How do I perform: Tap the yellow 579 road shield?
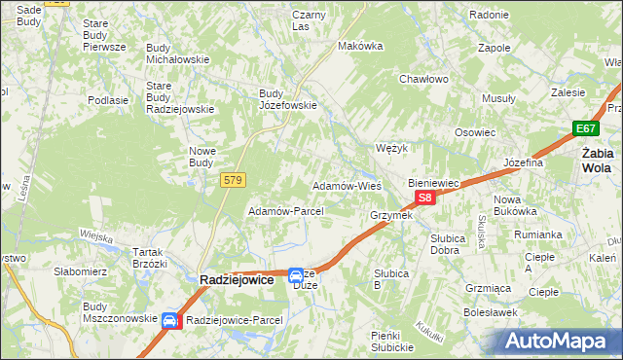pos(234,180)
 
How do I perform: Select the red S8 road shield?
pos(424,198)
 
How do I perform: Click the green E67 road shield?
pos(585,128)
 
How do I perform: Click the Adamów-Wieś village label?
pos(346,185)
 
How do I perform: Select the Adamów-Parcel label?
pos(286,211)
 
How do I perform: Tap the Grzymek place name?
pos(391,215)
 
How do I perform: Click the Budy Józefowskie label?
pos(288,100)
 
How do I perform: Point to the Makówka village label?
pos(356,46)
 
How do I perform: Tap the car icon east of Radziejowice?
pos(295,276)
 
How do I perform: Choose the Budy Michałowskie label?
pos(178,54)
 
